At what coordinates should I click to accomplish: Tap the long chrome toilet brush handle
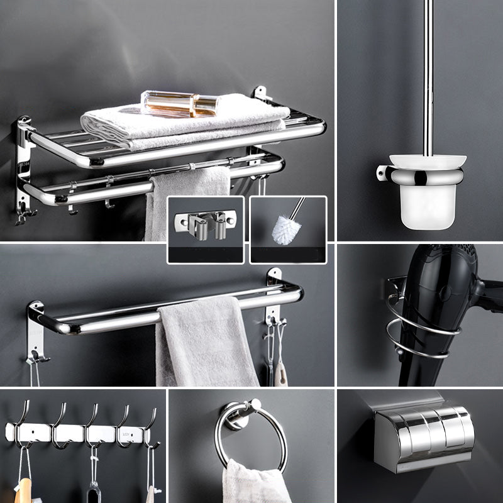429,75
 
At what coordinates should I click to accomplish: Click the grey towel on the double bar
204,343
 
